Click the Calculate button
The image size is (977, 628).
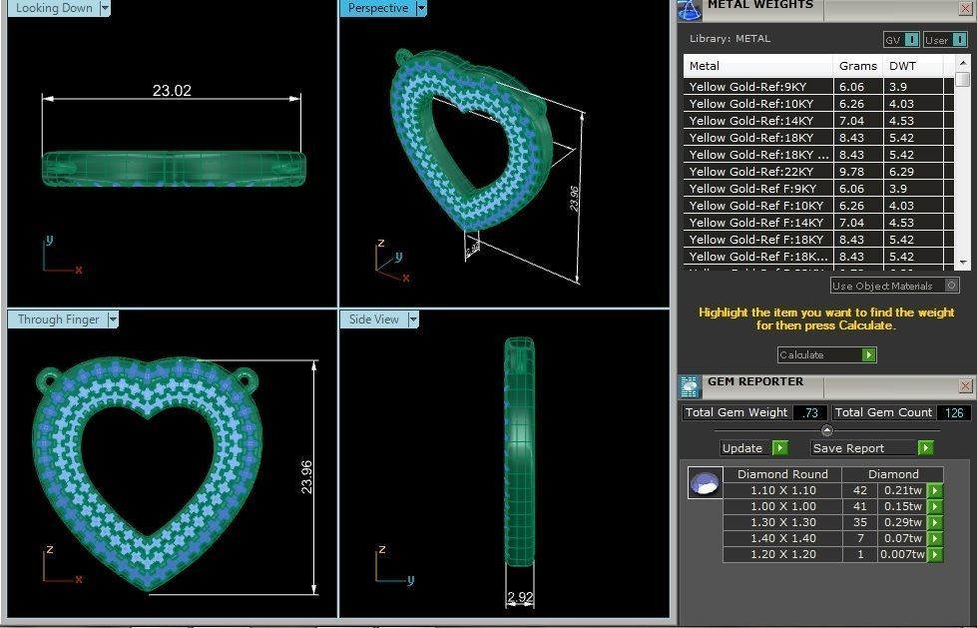[826, 354]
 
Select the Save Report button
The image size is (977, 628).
[872, 448]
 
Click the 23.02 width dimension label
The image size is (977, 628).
[172, 91]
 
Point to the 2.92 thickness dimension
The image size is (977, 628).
[520, 597]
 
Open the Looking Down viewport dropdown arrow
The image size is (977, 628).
[105, 8]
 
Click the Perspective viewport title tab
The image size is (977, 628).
[378, 8]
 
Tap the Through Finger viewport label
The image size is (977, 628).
[58, 319]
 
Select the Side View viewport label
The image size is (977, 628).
[373, 319]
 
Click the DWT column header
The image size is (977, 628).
[902, 66]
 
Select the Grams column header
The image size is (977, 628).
[857, 66]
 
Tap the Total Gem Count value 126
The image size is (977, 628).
[953, 412]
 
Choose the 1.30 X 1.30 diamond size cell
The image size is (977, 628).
[782, 522]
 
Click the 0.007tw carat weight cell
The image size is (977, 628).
[901, 554]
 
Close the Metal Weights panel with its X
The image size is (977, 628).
[965, 8]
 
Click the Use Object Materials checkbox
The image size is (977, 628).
[952, 286]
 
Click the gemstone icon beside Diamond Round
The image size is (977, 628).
[705, 483]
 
